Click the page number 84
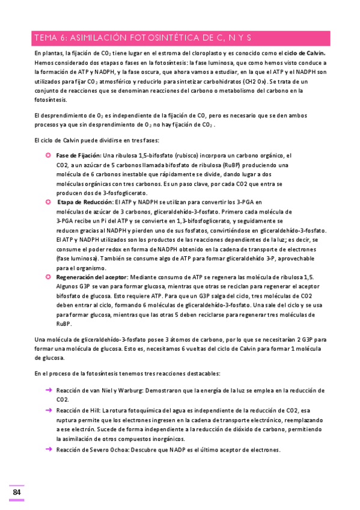pyautogui.click(x=16, y=493)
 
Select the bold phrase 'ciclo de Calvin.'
pyautogui.click(x=308, y=54)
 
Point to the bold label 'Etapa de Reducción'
pyautogui.click(x=89, y=202)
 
